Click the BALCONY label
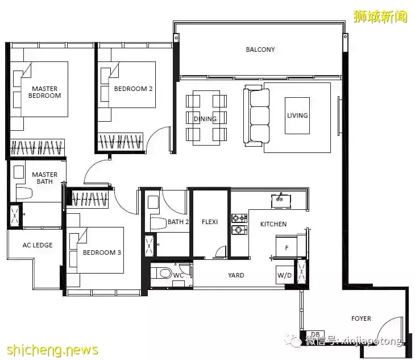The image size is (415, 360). [260, 49]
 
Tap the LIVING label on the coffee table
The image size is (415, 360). [297, 115]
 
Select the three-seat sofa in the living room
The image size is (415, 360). [256, 115]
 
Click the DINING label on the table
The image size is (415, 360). [205, 119]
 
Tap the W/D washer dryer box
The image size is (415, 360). [284, 275]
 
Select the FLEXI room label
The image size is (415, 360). [210, 222]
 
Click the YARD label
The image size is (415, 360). [236, 275]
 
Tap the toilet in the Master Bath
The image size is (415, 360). [24, 193]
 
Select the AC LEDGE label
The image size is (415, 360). [38, 245]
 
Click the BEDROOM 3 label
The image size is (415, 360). [102, 253]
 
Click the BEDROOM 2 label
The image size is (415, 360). [134, 89]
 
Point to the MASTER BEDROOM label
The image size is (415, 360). [45, 92]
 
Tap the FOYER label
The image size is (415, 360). [361, 318]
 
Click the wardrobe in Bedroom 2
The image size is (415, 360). [121, 142]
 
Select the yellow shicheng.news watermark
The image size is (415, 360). [52, 350]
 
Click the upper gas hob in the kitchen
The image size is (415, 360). [239, 218]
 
